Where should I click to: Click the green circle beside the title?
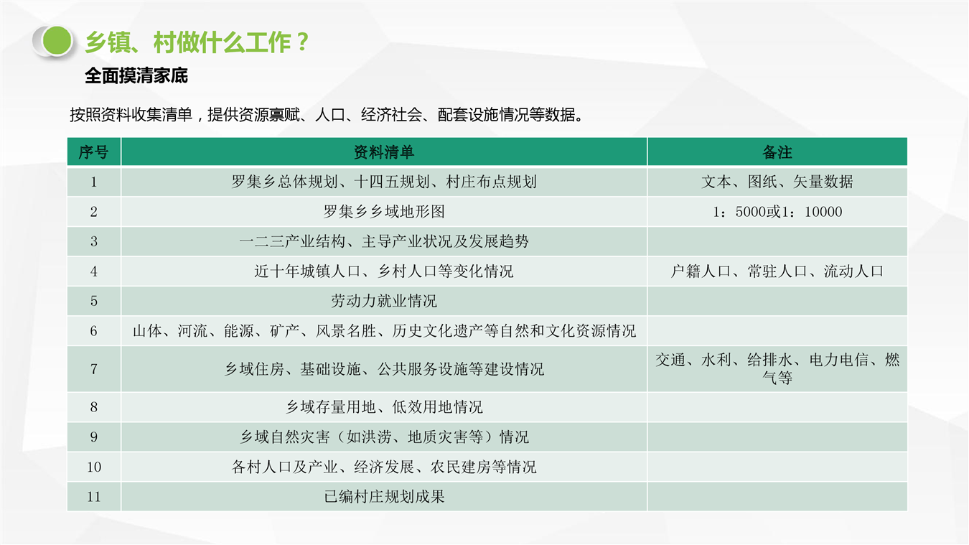pos(57,41)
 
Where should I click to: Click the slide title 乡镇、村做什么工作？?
pos(197,42)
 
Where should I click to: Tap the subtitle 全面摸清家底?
pos(136,76)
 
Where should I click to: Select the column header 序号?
pos(93,152)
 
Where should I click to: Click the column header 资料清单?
pos(384,152)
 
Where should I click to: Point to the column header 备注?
pos(777,152)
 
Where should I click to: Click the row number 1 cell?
pos(93,182)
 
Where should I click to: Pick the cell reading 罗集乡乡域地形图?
pos(384,212)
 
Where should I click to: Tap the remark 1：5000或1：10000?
pos(777,212)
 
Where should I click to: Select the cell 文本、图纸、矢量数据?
pos(777,182)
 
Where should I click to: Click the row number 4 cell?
pos(93,271)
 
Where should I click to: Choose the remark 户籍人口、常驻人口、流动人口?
pos(777,271)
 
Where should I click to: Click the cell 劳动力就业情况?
pos(384,301)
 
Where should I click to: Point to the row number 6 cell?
pos(93,331)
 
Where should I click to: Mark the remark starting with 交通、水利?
pos(777,369)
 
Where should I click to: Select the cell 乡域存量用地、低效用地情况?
pos(384,407)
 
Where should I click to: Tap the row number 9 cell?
pos(93,437)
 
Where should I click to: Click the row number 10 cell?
pos(93,467)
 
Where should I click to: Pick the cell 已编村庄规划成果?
pos(384,496)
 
